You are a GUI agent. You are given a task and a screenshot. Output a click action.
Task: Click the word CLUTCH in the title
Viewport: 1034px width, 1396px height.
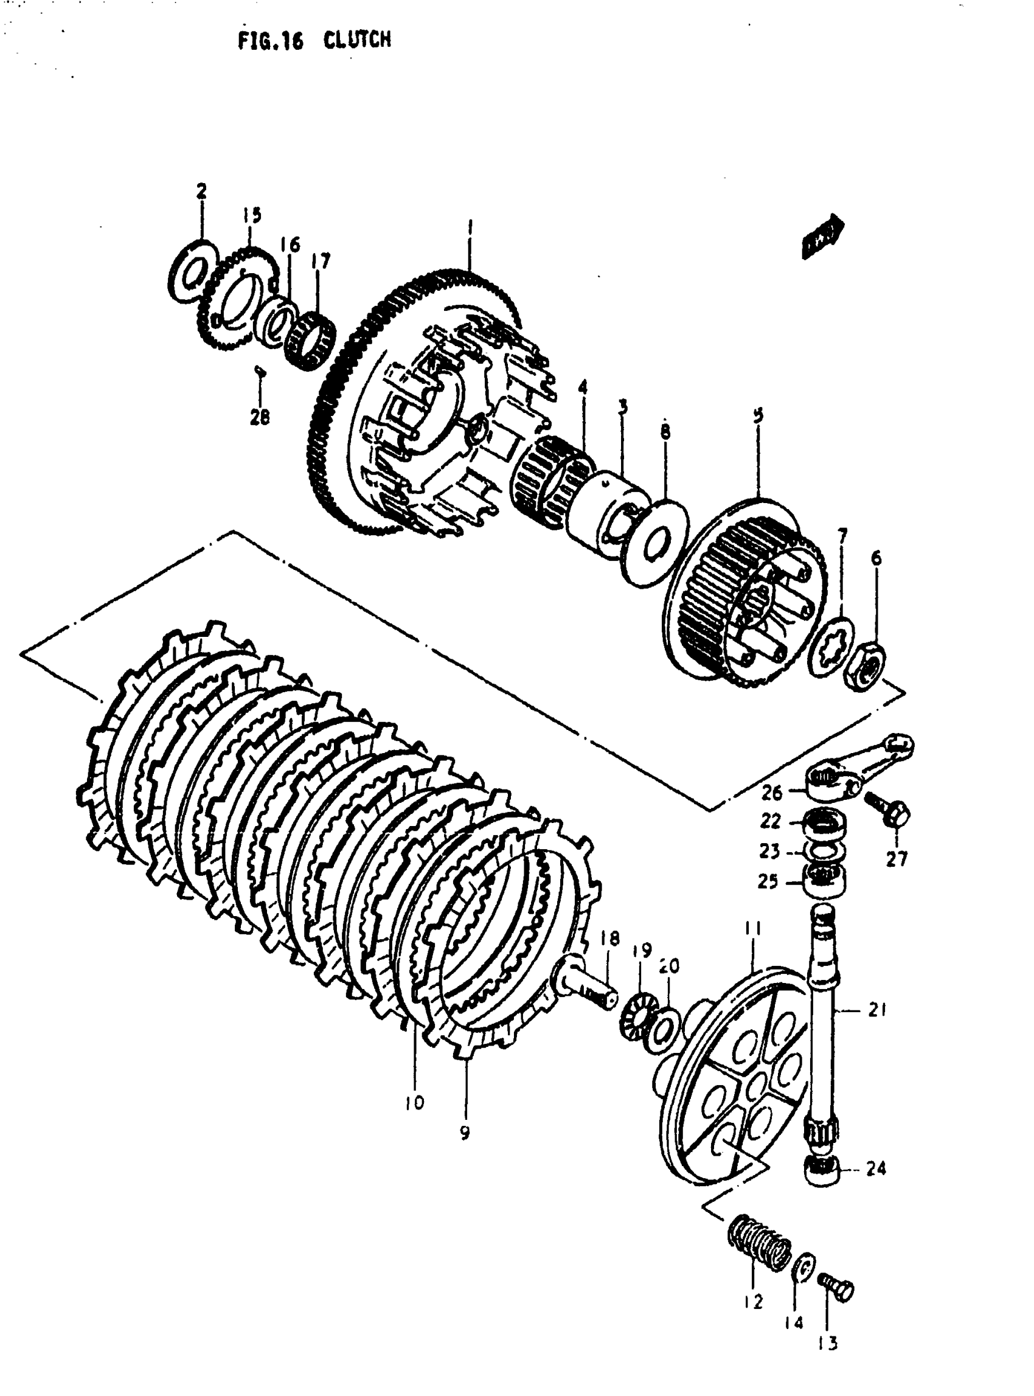(358, 41)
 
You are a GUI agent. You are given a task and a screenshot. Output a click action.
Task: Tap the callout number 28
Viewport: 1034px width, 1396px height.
(259, 416)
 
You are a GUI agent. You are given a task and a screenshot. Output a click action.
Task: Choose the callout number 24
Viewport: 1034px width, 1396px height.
(876, 1168)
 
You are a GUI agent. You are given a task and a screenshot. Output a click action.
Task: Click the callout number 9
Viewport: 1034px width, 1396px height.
(465, 1133)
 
